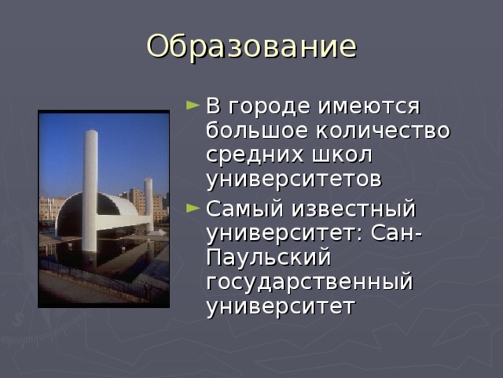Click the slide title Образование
(x=251, y=46)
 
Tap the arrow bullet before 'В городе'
(x=193, y=106)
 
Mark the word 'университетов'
(x=294, y=180)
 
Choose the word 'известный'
(x=354, y=210)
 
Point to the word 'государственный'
(x=309, y=283)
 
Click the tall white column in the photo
(x=90, y=189)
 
